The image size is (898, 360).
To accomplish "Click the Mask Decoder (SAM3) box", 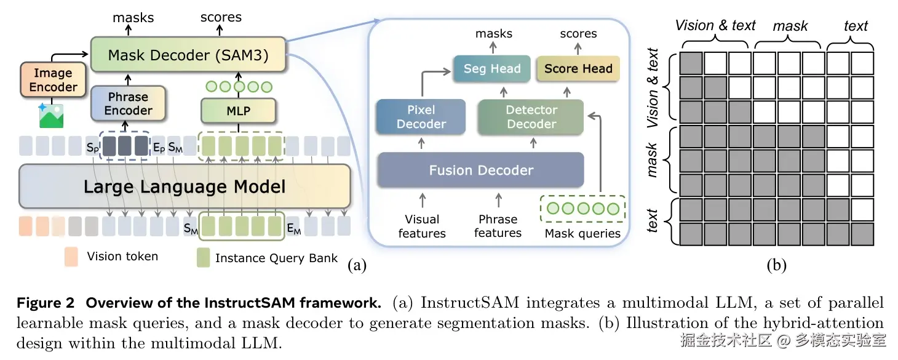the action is coord(188,55).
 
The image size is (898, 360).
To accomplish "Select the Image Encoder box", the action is coord(54,80).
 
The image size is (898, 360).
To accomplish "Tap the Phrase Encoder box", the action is coord(129,103).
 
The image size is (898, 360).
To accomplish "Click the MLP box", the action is coord(238,111).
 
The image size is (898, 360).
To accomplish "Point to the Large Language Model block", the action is coord(185,186).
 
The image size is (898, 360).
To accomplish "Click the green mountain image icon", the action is coord(51,116).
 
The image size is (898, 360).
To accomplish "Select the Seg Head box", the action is coord(492,68).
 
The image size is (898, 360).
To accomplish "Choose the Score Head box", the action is coord(578,68).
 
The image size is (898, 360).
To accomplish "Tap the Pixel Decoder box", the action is coord(421,117).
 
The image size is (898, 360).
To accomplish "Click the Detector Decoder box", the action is coord(531,117).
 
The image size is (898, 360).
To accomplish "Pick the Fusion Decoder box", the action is coord(480,170).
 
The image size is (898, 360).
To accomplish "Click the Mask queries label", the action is coord(582,233).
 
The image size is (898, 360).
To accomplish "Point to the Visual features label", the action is coord(422,226).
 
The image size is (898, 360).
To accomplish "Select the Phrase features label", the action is coord(498,226).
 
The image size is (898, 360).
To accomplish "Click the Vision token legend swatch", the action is coord(71,257).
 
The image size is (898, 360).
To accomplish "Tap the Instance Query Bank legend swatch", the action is coord(203,257).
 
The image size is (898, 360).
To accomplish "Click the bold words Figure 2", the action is coord(46,303).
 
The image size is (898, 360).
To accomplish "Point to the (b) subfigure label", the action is coord(777,265).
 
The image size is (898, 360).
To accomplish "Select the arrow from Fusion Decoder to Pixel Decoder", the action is coord(421,143).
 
